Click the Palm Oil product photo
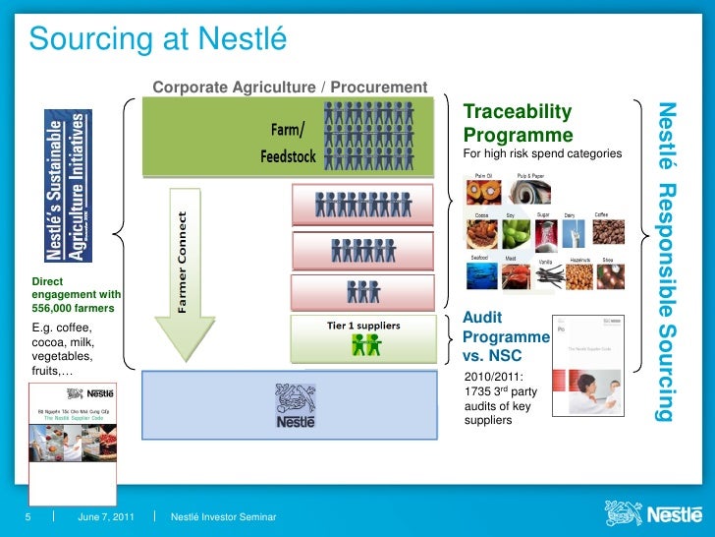point(484,192)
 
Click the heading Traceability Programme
point(518,123)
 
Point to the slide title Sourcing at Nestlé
point(157,39)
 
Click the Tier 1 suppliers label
point(363,325)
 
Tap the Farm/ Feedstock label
point(289,143)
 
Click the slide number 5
point(29,517)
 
